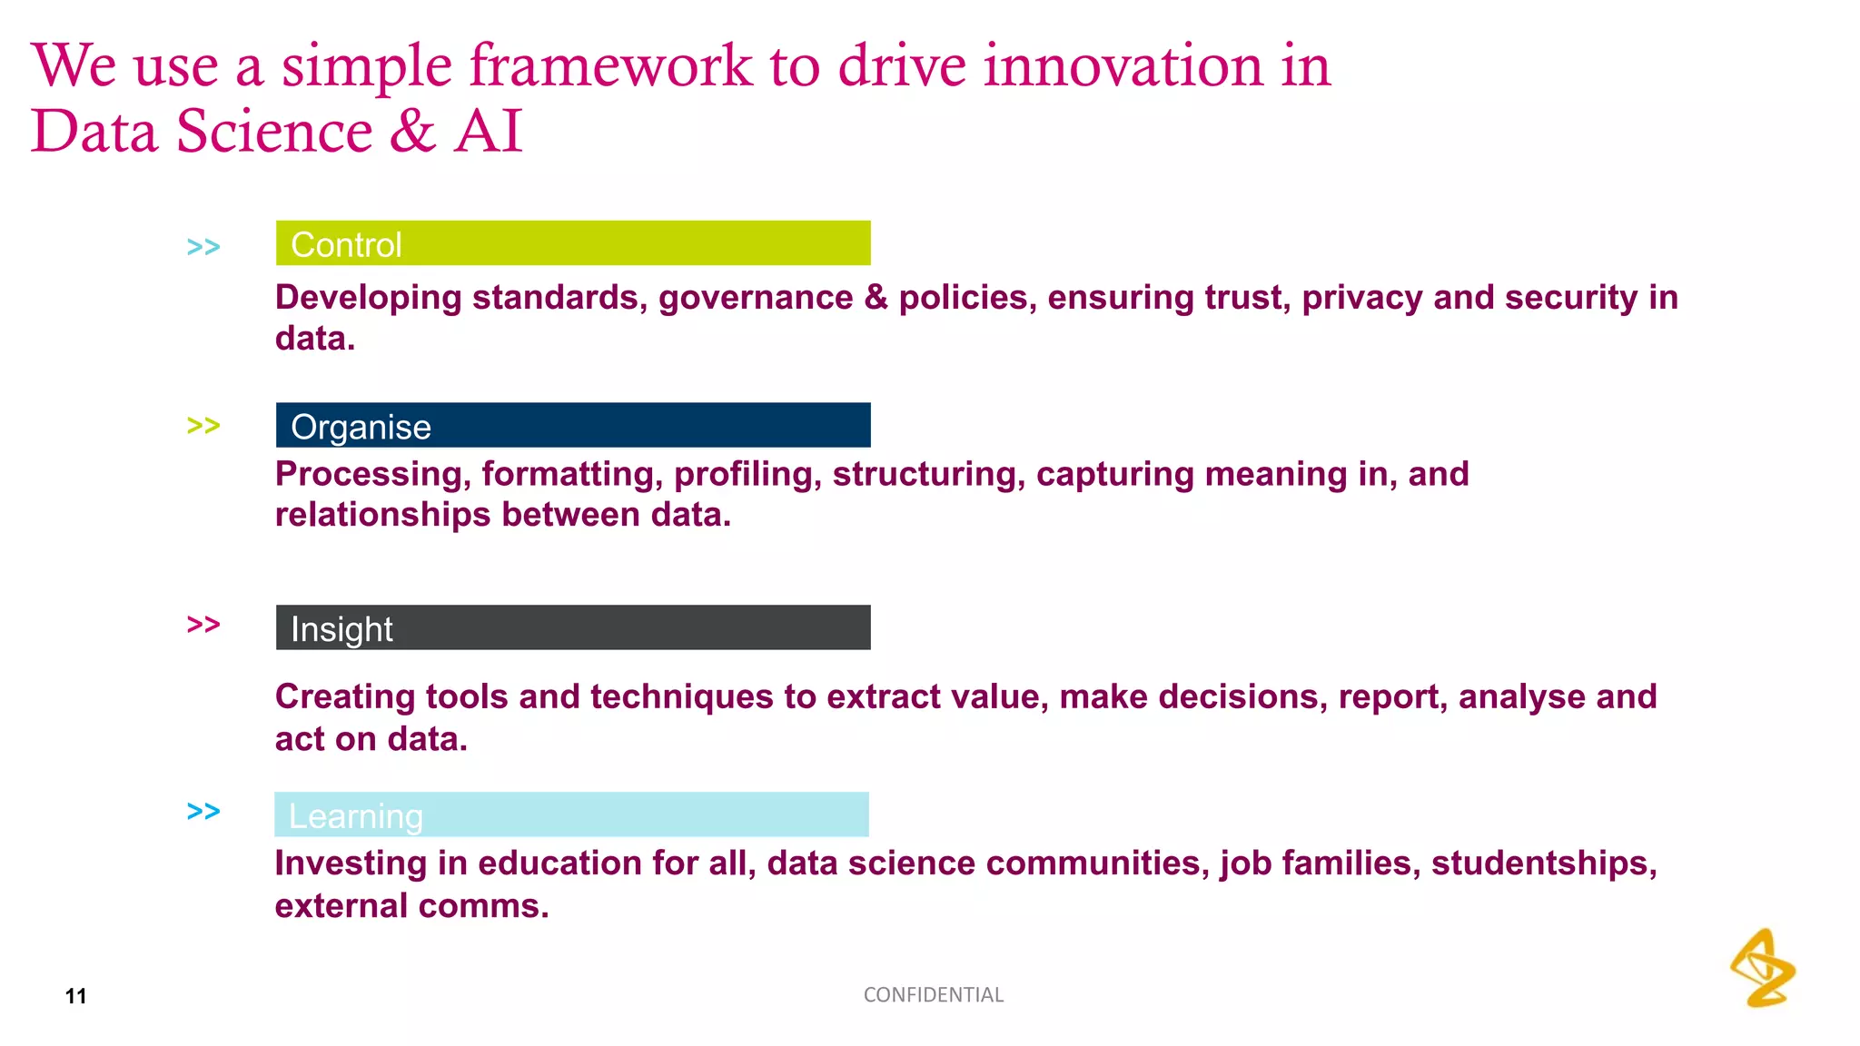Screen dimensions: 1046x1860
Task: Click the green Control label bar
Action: [572, 243]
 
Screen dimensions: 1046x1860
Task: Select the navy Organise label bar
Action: [572, 425]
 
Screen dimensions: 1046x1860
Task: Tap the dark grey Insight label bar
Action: [572, 627]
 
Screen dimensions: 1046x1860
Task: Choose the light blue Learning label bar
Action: [570, 814]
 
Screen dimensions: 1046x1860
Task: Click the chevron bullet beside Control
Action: [203, 247]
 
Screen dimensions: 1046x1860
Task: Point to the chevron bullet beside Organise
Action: [203, 426]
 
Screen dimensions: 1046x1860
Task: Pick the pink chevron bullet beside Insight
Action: [203, 625]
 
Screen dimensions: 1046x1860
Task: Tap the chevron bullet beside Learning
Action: [203, 811]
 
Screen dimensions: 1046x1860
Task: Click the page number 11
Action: [76, 996]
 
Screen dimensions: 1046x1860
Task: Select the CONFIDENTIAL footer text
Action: [933, 995]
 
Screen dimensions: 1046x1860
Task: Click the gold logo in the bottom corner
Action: [1763, 968]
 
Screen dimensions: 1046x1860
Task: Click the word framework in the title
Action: [610, 67]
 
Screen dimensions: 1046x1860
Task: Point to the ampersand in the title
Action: [413, 132]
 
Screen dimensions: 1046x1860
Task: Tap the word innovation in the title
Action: [1123, 67]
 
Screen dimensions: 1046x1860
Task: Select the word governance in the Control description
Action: [756, 298]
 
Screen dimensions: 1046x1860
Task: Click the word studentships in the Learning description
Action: [1544, 863]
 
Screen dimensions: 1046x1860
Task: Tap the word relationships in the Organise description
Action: [382, 515]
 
